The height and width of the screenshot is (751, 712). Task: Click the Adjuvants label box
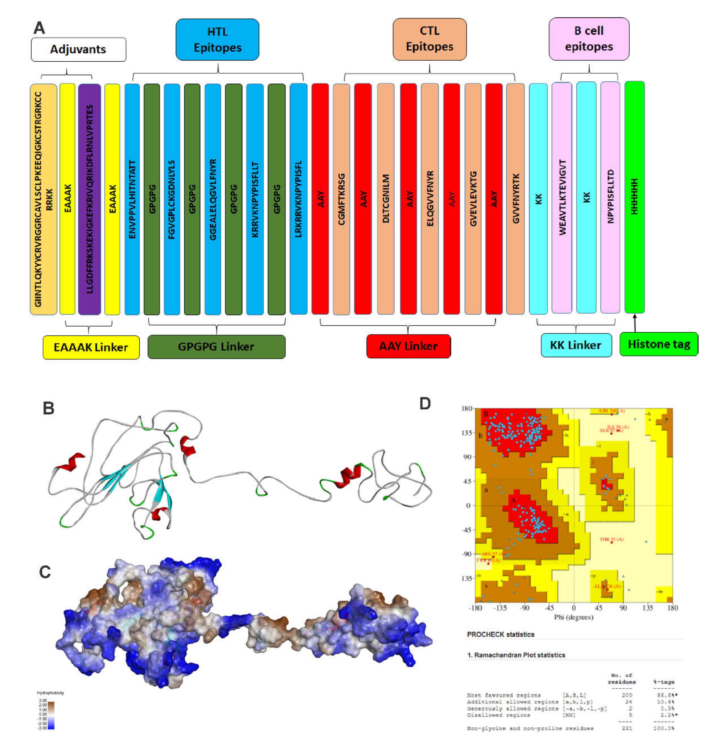[x=78, y=49]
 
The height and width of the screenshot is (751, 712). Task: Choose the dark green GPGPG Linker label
[x=216, y=346]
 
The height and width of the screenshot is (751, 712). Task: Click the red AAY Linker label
[x=408, y=346]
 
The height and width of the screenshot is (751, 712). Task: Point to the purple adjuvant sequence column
[x=90, y=199]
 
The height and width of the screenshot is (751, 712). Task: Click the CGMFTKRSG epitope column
[x=341, y=199]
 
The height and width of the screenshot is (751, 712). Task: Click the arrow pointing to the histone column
[x=635, y=322]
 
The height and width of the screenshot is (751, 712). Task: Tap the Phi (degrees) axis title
[x=573, y=617]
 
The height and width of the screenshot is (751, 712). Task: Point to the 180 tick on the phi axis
[x=672, y=608]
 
